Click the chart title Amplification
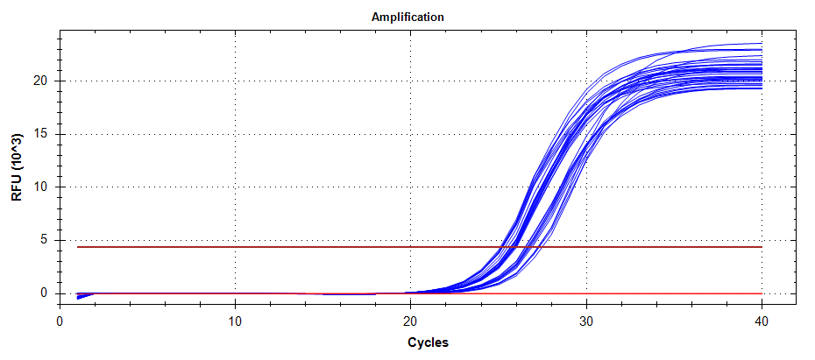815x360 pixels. (407, 17)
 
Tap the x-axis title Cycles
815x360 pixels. (428, 342)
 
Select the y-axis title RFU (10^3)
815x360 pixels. (17, 168)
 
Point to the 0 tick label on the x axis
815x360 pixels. (60, 321)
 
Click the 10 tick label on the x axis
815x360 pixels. (235, 321)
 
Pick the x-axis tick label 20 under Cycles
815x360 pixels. (410, 321)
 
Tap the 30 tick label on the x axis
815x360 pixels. (586, 321)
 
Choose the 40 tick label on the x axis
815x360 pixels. (762, 321)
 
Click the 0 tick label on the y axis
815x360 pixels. (41, 293)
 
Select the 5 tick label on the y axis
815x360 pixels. (41, 240)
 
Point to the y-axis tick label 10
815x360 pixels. (38, 187)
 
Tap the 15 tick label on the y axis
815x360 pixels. (38, 134)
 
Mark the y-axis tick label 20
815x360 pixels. (38, 81)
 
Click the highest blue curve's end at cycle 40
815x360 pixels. (761, 43)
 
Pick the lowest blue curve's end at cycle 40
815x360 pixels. (761, 87)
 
